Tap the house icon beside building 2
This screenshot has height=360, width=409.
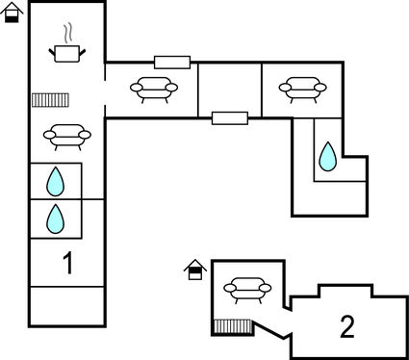(x=194, y=270)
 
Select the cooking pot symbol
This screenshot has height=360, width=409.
(x=66, y=53)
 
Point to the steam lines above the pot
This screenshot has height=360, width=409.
(x=66, y=32)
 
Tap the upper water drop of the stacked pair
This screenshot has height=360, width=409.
(x=56, y=181)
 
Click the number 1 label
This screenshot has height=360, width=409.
(x=66, y=262)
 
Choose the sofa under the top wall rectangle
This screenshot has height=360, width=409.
(x=154, y=90)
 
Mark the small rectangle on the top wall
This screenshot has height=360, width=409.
(x=171, y=62)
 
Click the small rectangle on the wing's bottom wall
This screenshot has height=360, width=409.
(x=229, y=117)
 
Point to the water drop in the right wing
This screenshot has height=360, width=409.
(x=328, y=155)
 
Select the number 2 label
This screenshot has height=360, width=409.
(x=347, y=325)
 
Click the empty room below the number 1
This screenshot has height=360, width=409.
(x=66, y=306)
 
